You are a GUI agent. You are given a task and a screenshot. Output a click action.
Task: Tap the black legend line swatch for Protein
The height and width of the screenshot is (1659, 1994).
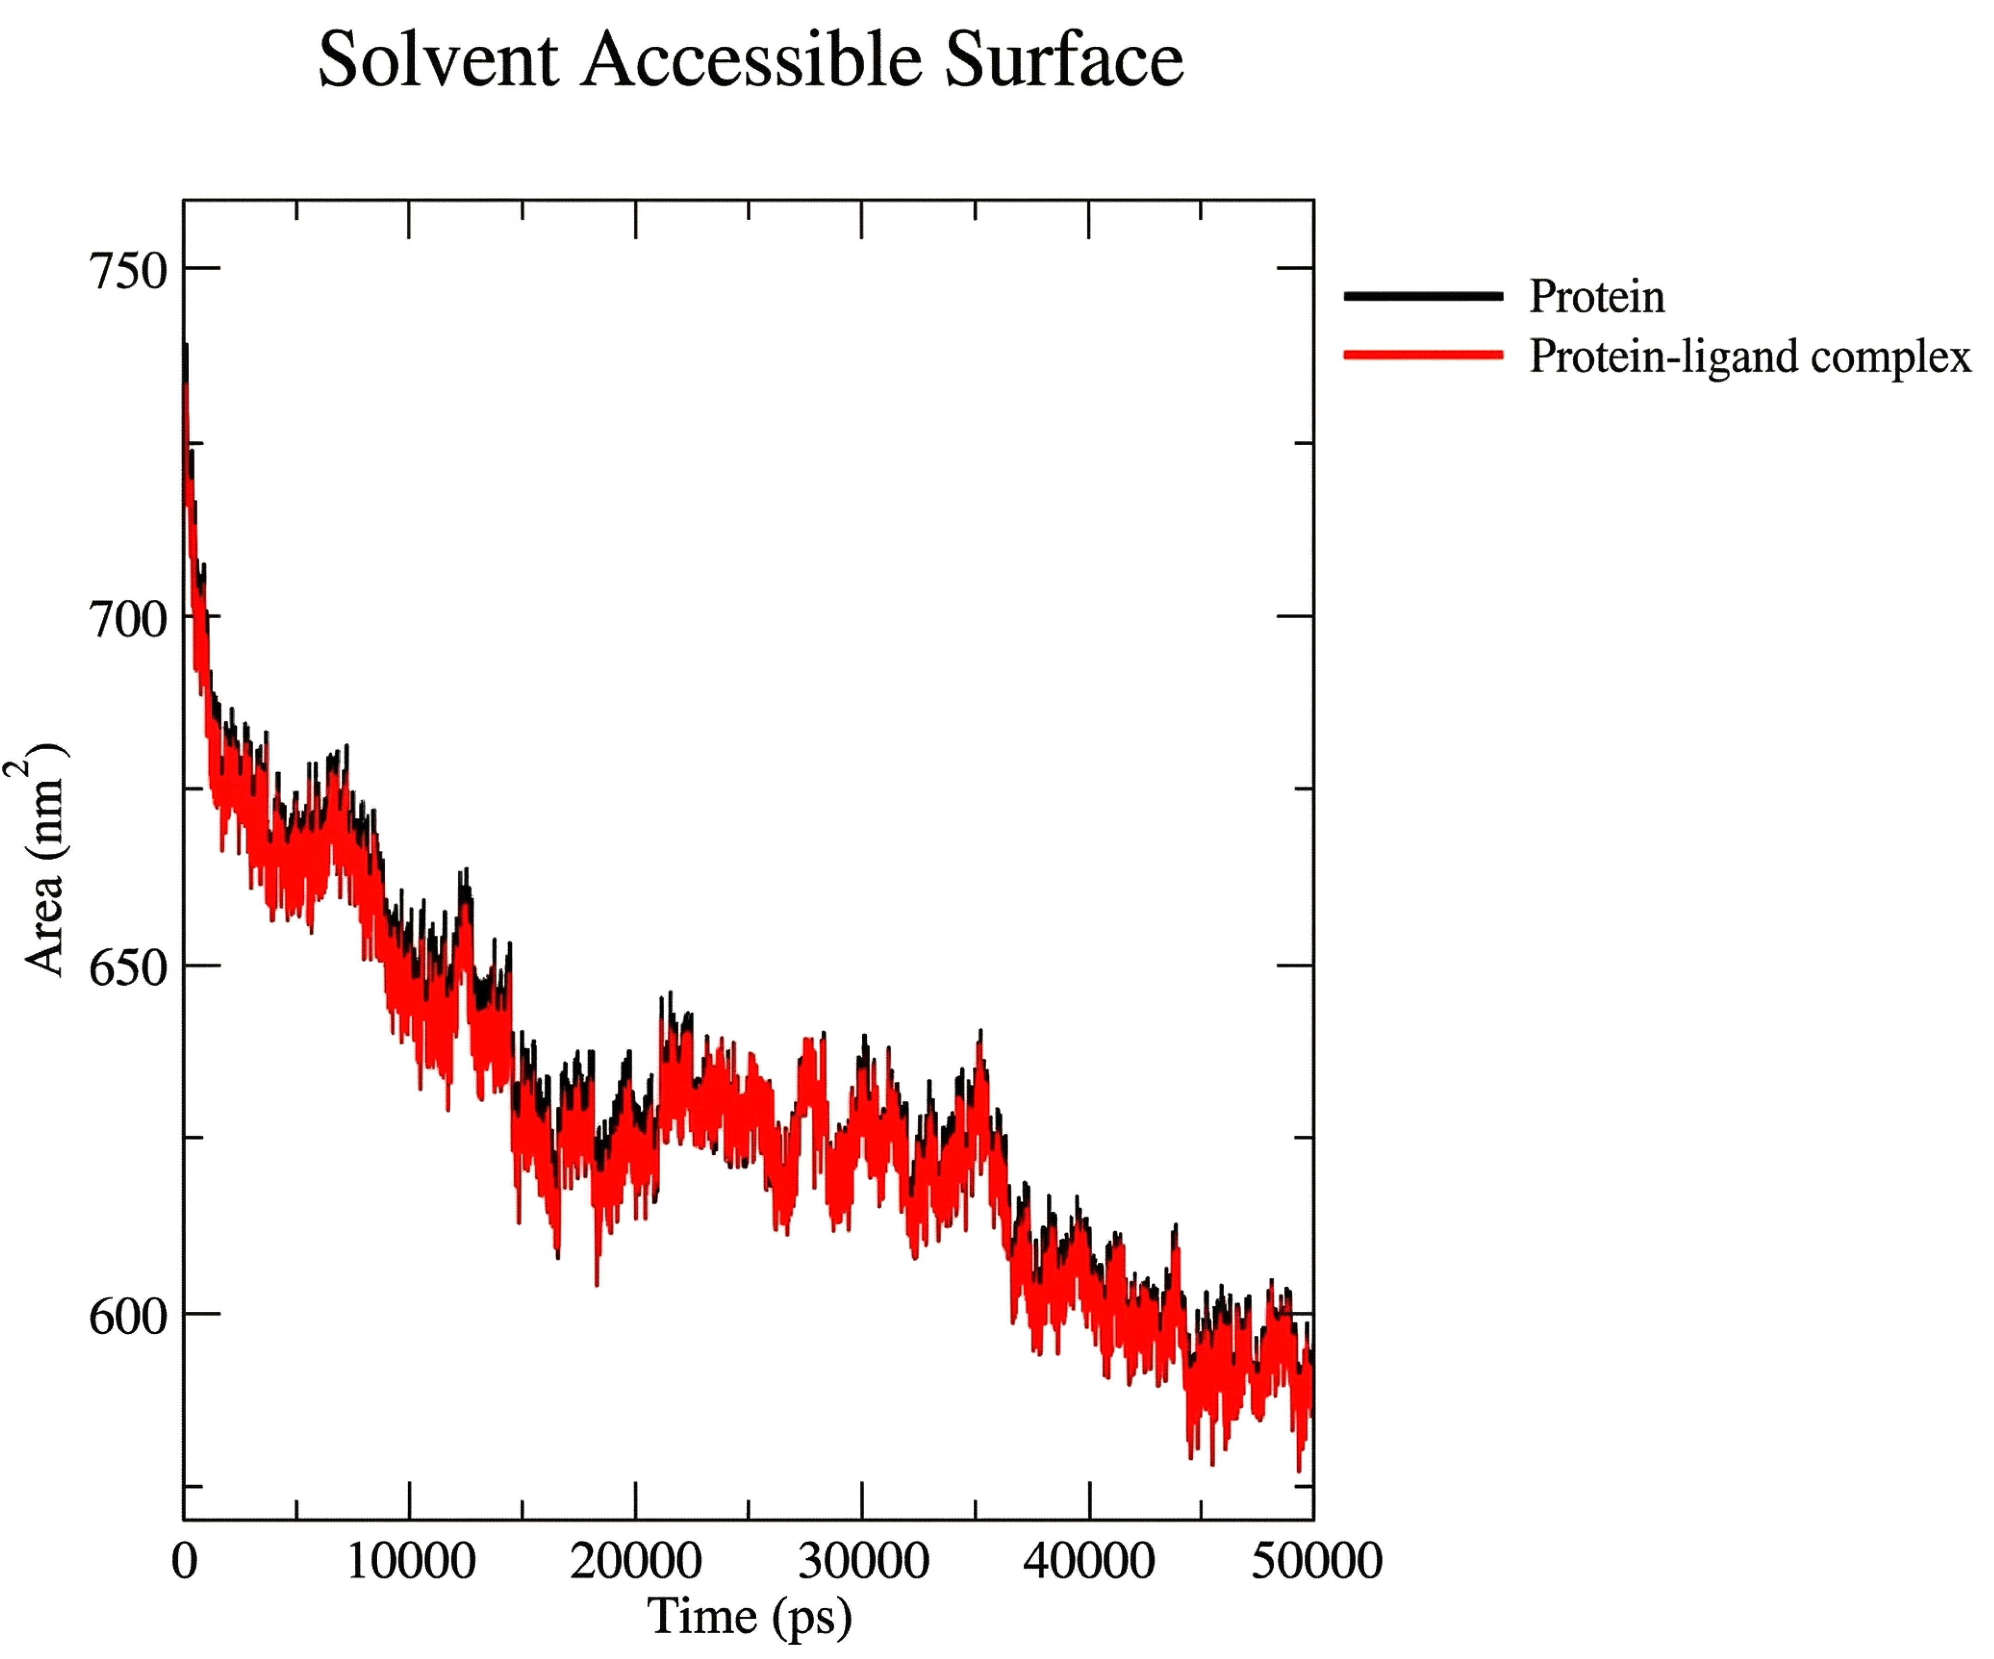coord(1423,296)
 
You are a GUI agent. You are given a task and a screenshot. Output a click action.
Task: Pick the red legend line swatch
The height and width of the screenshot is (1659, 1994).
coord(1423,355)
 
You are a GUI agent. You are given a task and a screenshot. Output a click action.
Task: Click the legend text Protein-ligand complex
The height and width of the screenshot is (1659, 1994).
coord(1749,357)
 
